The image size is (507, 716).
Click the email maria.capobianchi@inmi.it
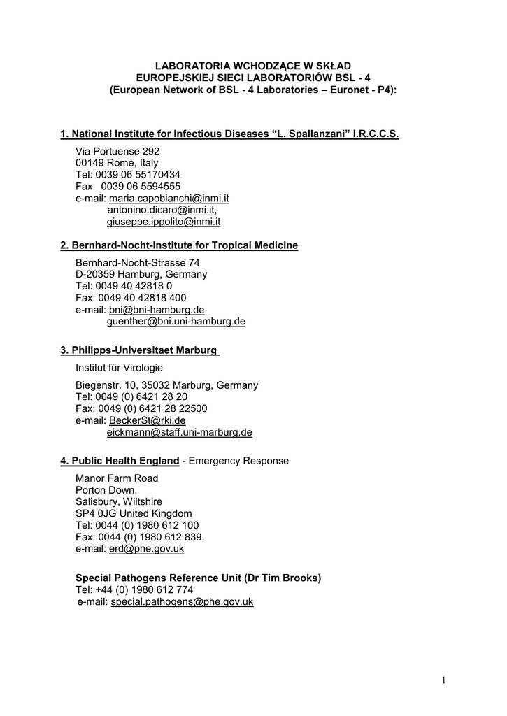[169, 199]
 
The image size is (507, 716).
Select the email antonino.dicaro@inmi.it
[161, 210]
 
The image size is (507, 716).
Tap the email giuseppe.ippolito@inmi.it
[164, 222]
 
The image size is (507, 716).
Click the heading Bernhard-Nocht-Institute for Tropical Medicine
[179, 245]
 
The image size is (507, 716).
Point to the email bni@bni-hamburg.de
[157, 310]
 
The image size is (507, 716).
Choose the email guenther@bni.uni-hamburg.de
[176, 322]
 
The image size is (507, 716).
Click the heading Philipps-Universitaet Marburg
[140, 350]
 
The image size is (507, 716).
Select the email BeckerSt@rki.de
[148, 421]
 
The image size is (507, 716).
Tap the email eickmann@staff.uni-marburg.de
[179, 433]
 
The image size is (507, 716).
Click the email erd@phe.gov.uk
[147, 550]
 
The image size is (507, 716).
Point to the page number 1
[444, 680]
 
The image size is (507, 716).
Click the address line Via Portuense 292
[117, 152]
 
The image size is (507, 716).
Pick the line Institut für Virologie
[120, 368]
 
